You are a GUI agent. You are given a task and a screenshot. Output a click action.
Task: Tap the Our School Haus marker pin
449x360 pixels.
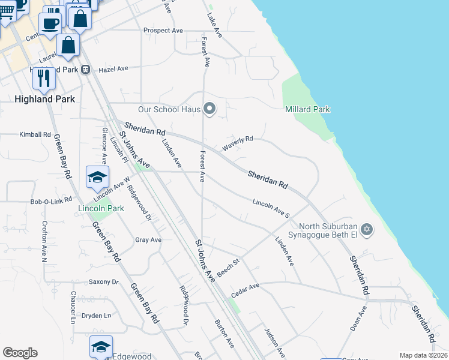coord(209,109)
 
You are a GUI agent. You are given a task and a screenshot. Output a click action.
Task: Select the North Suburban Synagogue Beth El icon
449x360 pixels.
coord(367,230)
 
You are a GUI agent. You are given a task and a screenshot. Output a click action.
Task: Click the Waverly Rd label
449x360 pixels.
coord(238,143)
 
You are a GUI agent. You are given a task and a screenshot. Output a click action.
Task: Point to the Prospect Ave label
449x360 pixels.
coord(163,31)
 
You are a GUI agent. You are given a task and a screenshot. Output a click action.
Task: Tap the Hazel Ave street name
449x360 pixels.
coord(114,69)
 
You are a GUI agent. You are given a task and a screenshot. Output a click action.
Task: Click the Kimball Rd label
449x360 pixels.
coord(35,134)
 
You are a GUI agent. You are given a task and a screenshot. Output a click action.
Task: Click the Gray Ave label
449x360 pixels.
coord(148,240)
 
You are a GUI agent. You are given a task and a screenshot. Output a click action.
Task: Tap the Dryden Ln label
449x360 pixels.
coord(97,315)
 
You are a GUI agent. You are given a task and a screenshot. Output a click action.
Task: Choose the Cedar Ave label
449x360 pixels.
coord(246,289)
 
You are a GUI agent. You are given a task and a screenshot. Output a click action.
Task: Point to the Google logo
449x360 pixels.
coord(20,353)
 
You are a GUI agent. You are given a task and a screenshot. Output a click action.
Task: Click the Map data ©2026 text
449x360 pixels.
coord(423,355)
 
